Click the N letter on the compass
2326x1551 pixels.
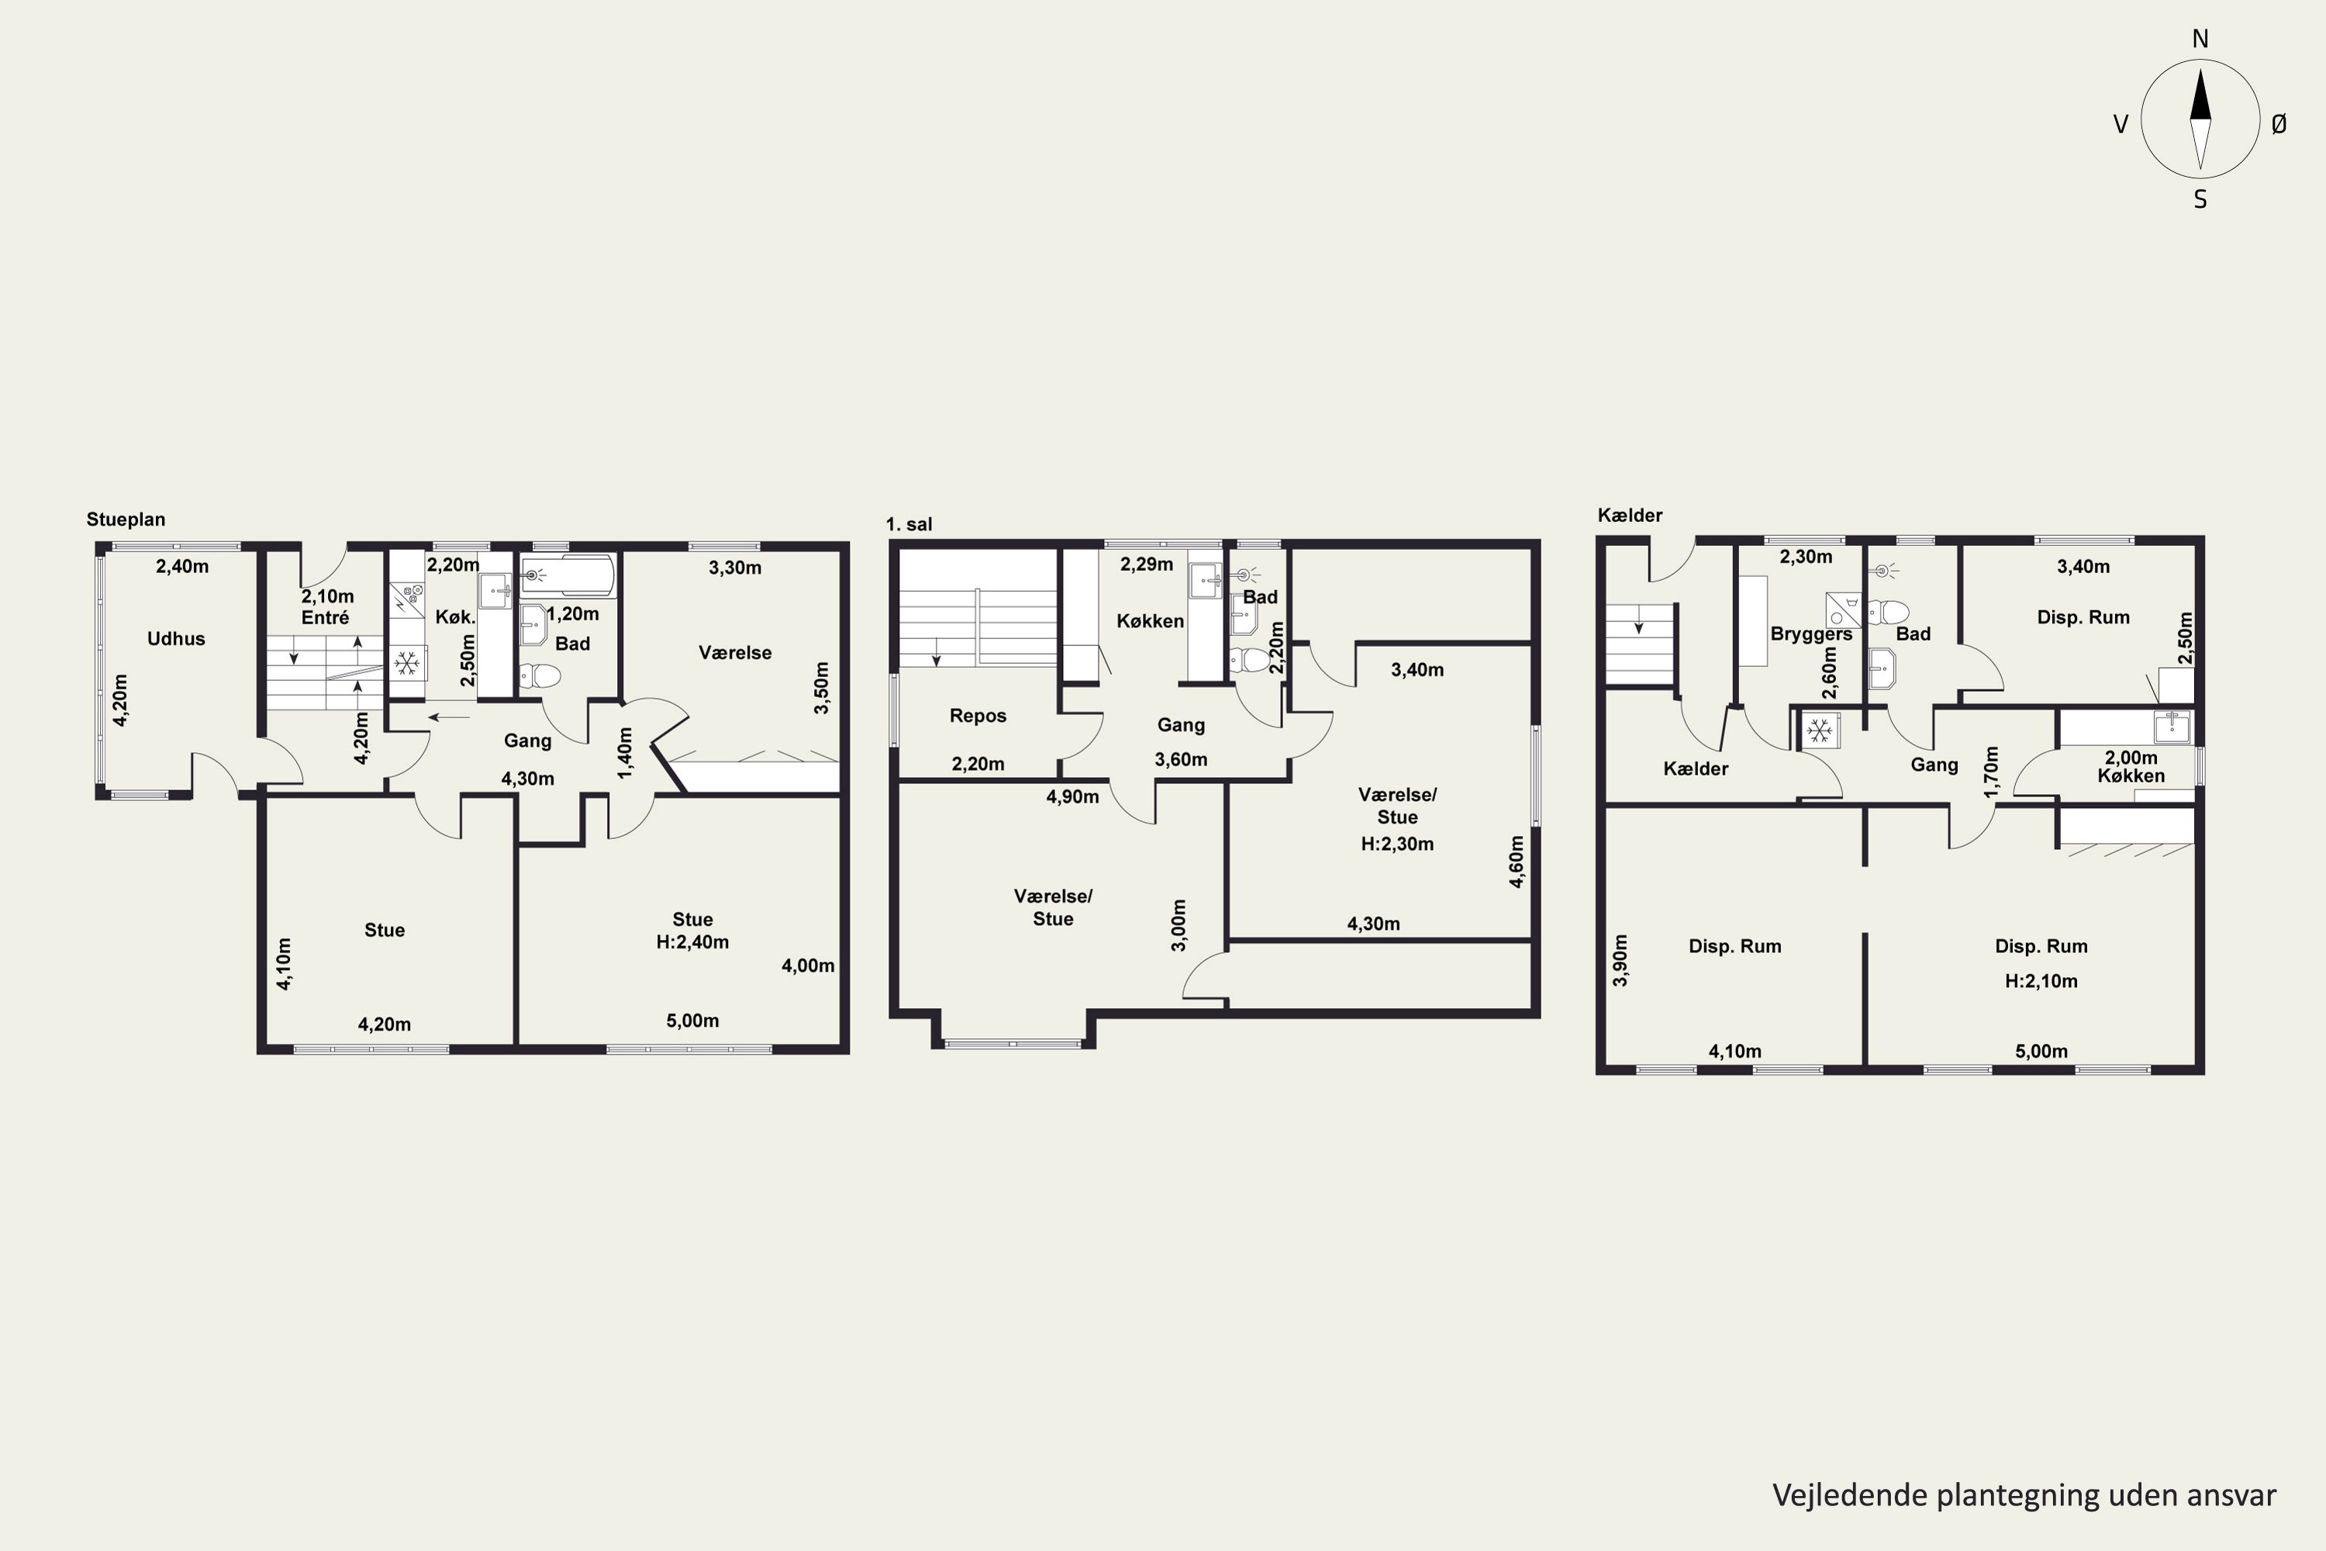pyautogui.click(x=2200, y=39)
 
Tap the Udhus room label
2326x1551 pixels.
pyautogui.click(x=176, y=639)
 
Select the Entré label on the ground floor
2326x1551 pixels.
pyautogui.click(x=326, y=618)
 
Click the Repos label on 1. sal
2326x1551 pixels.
pyautogui.click(x=978, y=716)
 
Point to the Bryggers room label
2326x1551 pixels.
pyautogui.click(x=1810, y=634)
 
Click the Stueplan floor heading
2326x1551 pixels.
pyautogui.click(x=126, y=520)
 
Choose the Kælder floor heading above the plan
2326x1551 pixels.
pyautogui.click(x=1630, y=516)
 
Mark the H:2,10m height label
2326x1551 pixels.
pyautogui.click(x=2041, y=981)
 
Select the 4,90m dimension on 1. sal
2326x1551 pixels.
pyautogui.click(x=1072, y=797)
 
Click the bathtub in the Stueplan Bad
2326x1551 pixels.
pyautogui.click(x=568, y=575)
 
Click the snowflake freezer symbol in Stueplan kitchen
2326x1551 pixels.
pyautogui.click(x=406, y=663)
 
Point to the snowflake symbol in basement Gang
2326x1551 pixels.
pyautogui.click(x=1817, y=731)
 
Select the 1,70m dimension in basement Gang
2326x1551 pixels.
pyautogui.click(x=1992, y=772)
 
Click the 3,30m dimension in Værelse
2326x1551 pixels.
pyautogui.click(x=735, y=568)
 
